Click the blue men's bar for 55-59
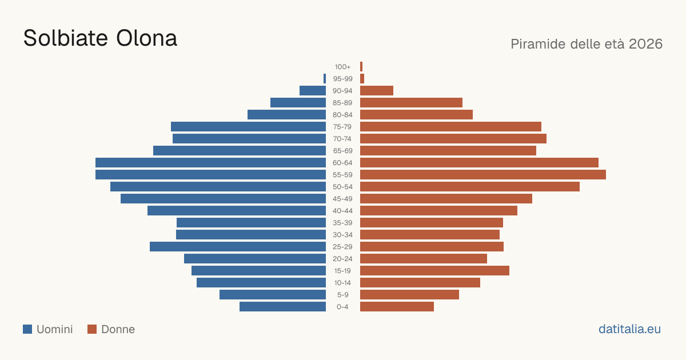click(211, 174)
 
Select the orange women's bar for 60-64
click(479, 162)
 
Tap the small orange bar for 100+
click(361, 67)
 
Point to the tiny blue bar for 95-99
click(325, 79)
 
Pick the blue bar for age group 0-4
click(282, 307)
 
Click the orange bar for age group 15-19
click(434, 271)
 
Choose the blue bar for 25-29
click(238, 247)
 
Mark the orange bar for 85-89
click(411, 102)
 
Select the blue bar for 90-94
click(313, 91)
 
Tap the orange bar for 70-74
click(453, 139)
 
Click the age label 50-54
click(342, 187)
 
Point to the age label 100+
click(342, 67)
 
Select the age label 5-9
click(342, 295)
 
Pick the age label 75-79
click(342, 127)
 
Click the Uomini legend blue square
click(27, 329)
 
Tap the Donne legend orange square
click(92, 329)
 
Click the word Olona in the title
click(147, 38)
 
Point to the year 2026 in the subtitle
click(645, 44)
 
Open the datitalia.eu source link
click(629, 329)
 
